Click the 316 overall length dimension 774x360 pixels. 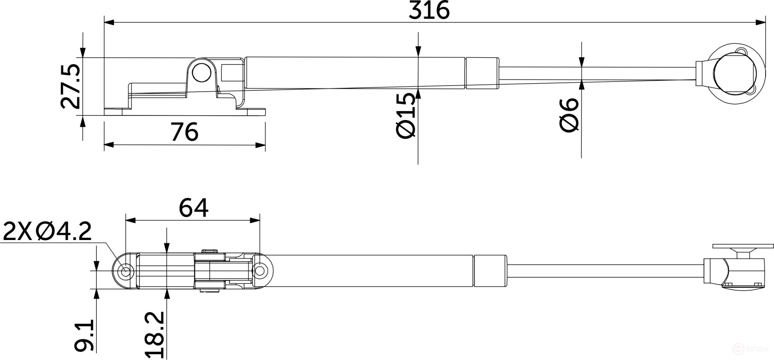point(428,10)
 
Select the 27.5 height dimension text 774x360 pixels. point(71,87)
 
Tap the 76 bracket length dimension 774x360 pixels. point(185,132)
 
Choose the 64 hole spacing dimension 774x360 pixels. point(193,207)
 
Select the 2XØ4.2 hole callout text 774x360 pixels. point(47,232)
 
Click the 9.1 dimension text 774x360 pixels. point(85,335)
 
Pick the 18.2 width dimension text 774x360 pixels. point(155,335)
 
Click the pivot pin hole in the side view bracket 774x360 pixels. point(201,73)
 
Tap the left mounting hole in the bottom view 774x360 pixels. point(125,271)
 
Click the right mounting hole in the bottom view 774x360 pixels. point(260,271)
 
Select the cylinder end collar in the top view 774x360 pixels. point(482,73)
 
